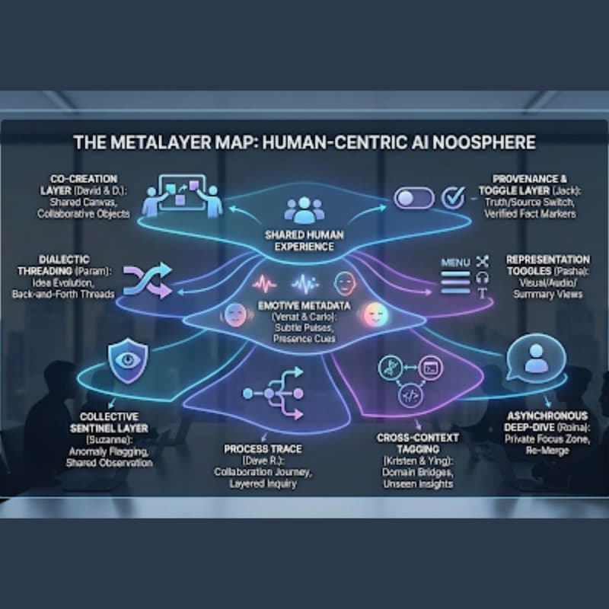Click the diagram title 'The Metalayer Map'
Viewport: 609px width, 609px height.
pyautogui.click(x=304, y=142)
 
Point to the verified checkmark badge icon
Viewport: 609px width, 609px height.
pyautogui.click(x=452, y=198)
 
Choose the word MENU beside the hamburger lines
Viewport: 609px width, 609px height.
pyautogui.click(x=456, y=263)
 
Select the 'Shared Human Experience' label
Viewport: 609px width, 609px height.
pyautogui.click(x=299, y=241)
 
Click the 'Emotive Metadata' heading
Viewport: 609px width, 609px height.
pyautogui.click(x=304, y=306)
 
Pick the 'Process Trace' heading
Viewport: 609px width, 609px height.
pyautogui.click(x=257, y=449)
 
